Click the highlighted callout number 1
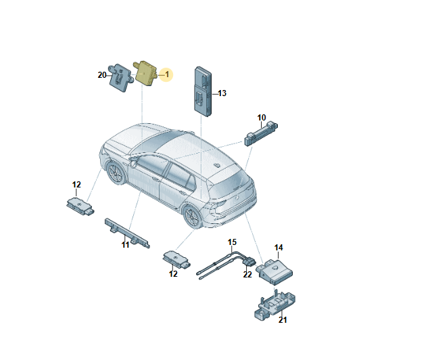(167, 74)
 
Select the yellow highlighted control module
(145, 73)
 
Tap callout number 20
(102, 75)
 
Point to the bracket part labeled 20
(120, 77)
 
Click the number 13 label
(222, 93)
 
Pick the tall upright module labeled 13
(203, 91)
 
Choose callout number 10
(262, 118)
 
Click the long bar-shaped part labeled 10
(261, 133)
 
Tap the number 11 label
(126, 245)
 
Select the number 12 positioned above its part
(76, 185)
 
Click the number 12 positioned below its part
(173, 274)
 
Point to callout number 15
(232, 242)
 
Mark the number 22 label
(247, 274)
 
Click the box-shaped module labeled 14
(274, 271)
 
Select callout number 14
(279, 248)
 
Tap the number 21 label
(283, 320)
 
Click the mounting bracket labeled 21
(274, 305)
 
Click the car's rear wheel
(193, 217)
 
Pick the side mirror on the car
(133, 162)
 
